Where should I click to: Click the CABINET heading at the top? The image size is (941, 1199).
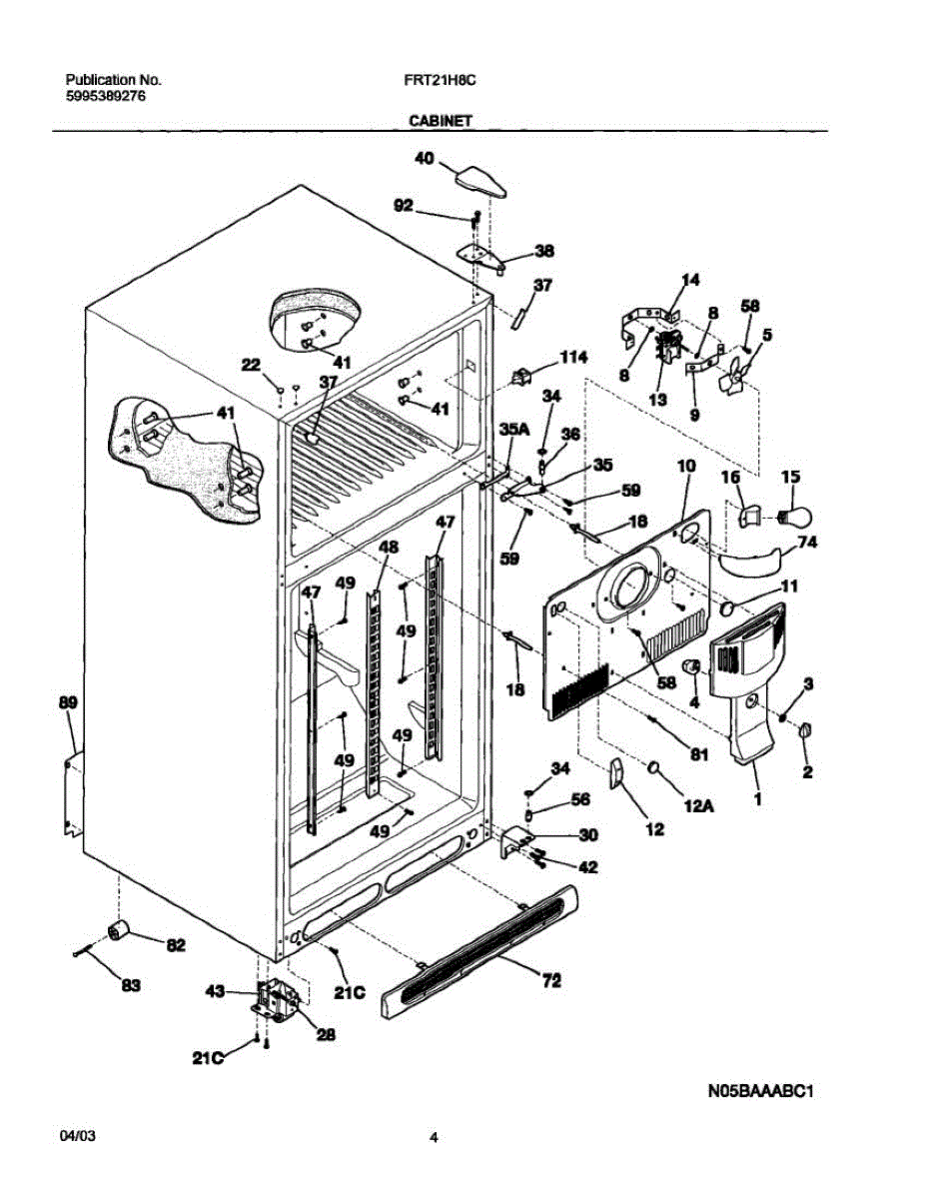click(x=440, y=120)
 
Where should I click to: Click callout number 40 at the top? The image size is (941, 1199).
click(x=425, y=158)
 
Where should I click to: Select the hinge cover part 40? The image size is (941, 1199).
click(x=479, y=182)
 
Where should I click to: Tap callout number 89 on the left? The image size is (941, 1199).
click(x=67, y=704)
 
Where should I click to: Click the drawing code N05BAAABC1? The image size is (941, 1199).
click(x=763, y=1092)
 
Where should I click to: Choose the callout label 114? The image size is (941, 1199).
click(x=573, y=358)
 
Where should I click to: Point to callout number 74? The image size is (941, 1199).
click(x=805, y=544)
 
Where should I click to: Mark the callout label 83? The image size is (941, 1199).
click(x=130, y=986)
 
